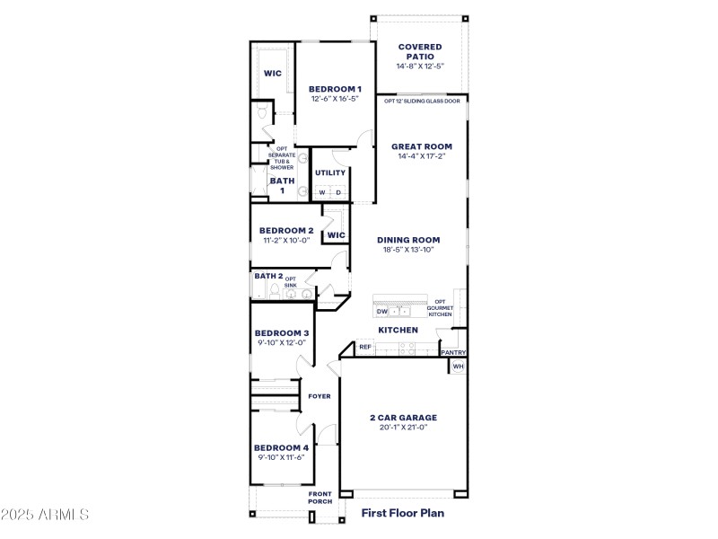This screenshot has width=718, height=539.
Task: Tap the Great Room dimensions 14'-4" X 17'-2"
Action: pyautogui.click(x=422, y=156)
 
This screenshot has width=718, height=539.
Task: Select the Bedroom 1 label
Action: pyautogui.click(x=335, y=88)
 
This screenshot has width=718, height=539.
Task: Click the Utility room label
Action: pyautogui.click(x=330, y=172)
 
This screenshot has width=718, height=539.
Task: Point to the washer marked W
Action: pyautogui.click(x=322, y=192)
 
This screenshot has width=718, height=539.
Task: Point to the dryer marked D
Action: pyautogui.click(x=338, y=192)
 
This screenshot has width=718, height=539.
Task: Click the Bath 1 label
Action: pyautogui.click(x=282, y=185)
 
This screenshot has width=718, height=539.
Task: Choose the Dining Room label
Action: pyautogui.click(x=408, y=239)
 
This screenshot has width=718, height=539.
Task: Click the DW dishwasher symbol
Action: pyautogui.click(x=381, y=312)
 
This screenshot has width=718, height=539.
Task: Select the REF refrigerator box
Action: pyautogui.click(x=365, y=347)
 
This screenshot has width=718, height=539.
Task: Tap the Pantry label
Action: pyautogui.click(x=453, y=353)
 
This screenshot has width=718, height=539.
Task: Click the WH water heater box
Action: pyautogui.click(x=458, y=367)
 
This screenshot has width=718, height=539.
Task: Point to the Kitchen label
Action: pyautogui.click(x=398, y=330)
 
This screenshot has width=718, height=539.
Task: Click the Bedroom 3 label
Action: pyautogui.click(x=281, y=332)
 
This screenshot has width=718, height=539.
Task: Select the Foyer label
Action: pyautogui.click(x=320, y=396)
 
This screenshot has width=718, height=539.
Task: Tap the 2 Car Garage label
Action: pyautogui.click(x=403, y=417)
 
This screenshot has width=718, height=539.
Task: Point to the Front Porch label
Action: pyautogui.click(x=320, y=498)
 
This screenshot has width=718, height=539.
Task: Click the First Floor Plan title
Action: pyautogui.click(x=402, y=514)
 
